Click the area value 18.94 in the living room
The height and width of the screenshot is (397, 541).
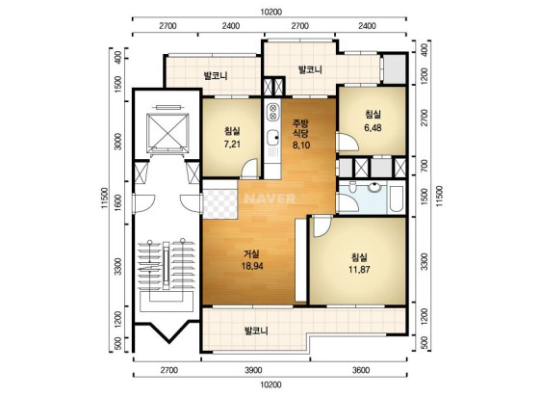pos(252,266)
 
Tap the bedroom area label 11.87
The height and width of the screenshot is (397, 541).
pos(359,269)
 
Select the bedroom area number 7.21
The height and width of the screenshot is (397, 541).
pos(232,145)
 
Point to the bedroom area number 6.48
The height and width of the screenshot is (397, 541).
pos(373,127)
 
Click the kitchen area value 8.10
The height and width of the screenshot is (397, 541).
pos(301,146)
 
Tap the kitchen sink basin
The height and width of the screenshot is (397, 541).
pos(273,138)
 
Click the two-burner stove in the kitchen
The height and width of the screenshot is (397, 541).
pos(272,112)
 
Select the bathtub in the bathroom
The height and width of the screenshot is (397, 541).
pos(396,198)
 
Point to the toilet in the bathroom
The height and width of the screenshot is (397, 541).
pos(352,187)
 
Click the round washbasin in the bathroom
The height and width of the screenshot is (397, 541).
pos(374,187)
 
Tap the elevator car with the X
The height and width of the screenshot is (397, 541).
pos(168,133)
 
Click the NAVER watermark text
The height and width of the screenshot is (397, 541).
pos(270,198)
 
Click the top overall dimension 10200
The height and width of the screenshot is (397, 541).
pos(270,13)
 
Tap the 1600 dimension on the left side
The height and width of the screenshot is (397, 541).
pos(118,202)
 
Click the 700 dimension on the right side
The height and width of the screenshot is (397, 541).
pos(425,166)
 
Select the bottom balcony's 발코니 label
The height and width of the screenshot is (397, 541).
pos(256,331)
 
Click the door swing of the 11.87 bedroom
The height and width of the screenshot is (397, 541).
pos(322,226)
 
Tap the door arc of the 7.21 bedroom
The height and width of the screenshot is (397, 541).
pos(249,168)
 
